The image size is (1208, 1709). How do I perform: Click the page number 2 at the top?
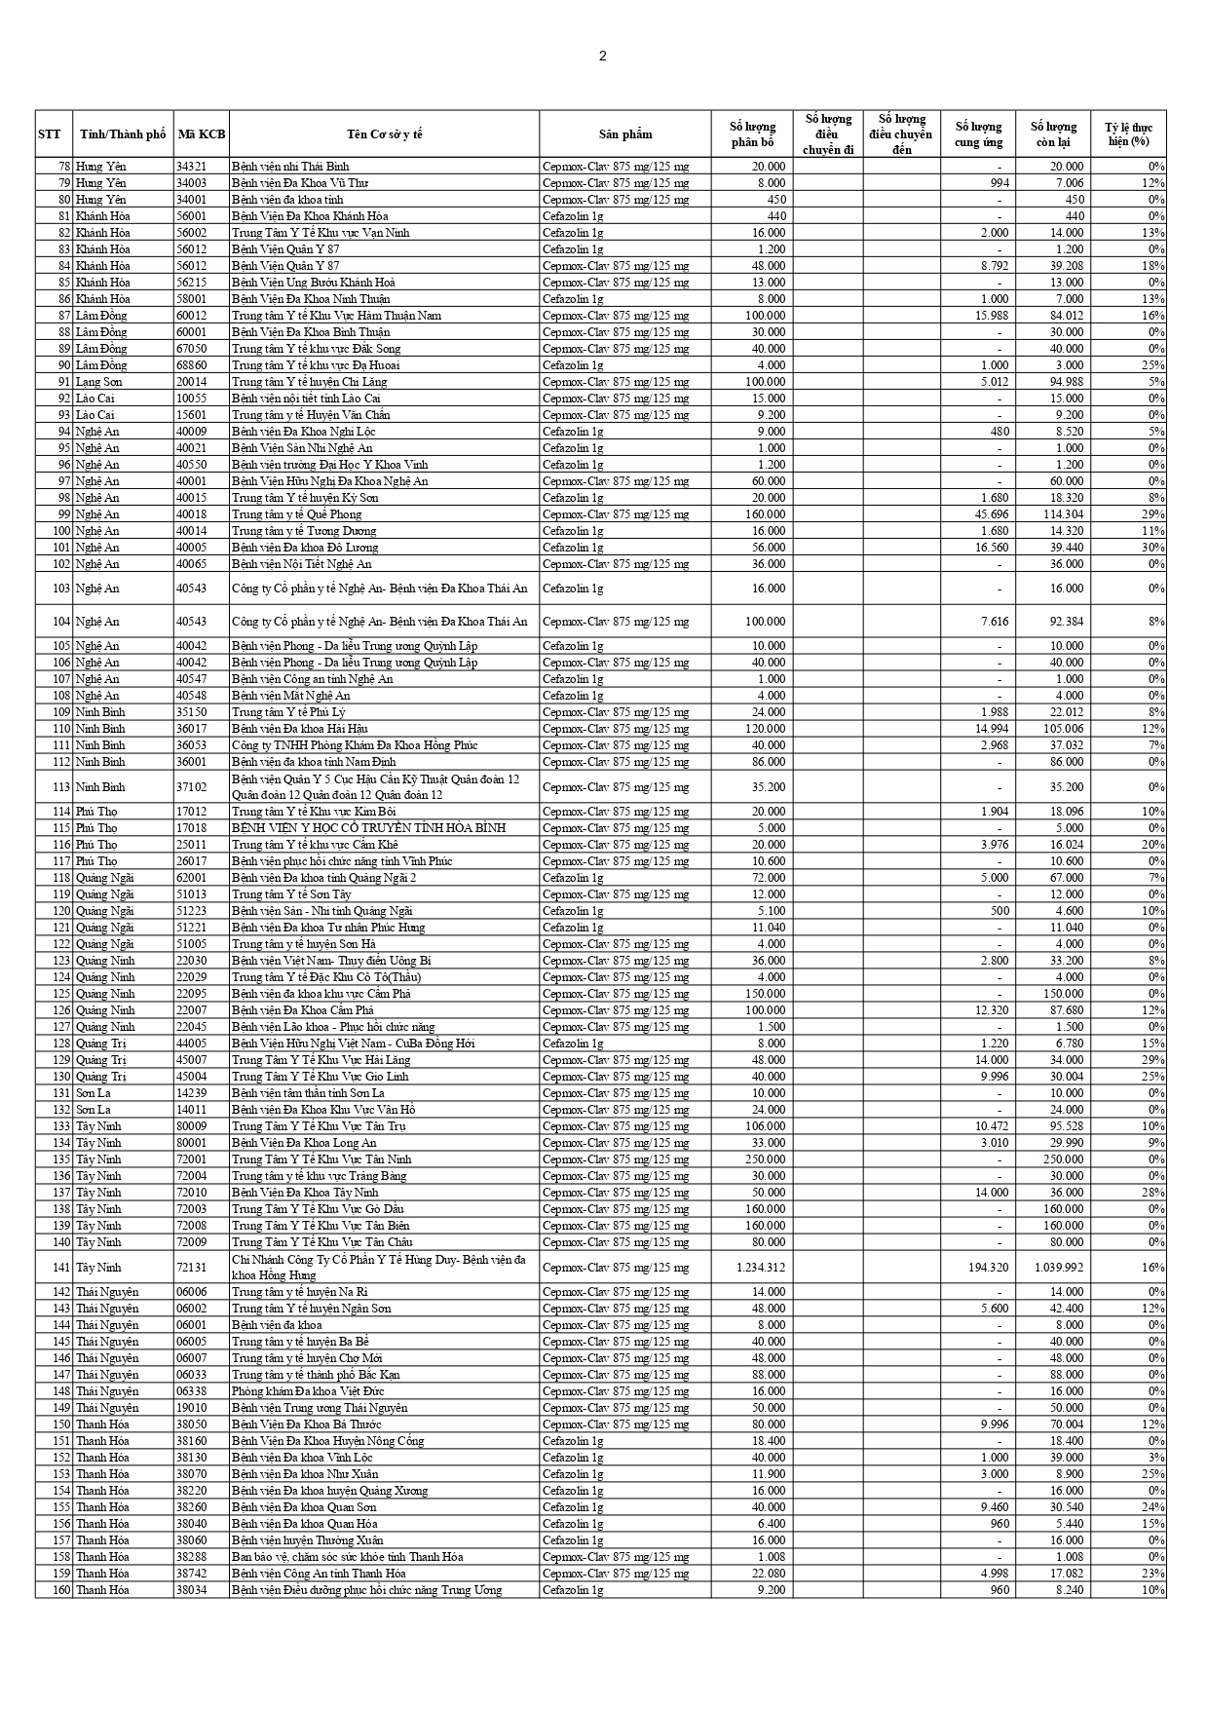[602, 56]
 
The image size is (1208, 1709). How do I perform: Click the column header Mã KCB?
[202, 134]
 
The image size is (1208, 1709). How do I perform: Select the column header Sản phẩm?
[625, 134]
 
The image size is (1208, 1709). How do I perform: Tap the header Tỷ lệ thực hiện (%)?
[1128, 134]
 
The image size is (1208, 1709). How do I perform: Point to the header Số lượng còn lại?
[1053, 134]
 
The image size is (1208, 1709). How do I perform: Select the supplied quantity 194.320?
[986, 1268]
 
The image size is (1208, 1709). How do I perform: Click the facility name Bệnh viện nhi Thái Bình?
[290, 167]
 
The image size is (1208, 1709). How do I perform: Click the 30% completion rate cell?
[1153, 548]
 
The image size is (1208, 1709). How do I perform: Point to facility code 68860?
[191, 365]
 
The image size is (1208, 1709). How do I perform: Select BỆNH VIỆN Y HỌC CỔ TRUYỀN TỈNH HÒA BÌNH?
[368, 828]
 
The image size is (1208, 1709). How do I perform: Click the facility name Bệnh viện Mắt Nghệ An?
[290, 696]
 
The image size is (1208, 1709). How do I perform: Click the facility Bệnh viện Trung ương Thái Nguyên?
[319, 1408]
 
